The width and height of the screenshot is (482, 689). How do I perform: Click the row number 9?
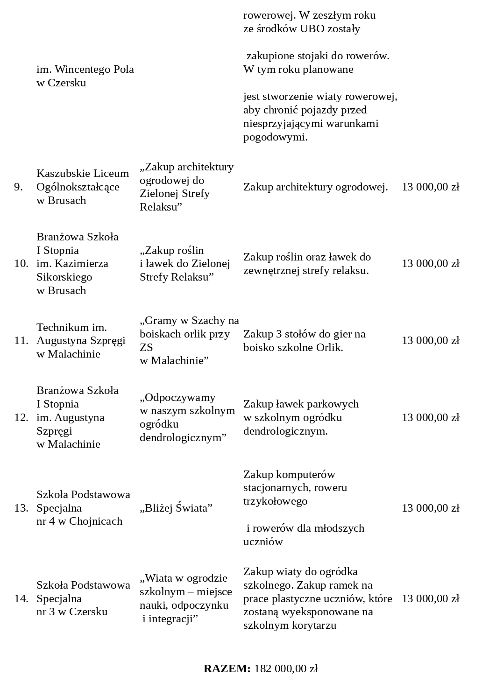(18, 187)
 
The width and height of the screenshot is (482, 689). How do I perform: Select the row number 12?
(21, 417)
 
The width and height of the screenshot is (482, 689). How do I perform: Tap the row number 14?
(21, 598)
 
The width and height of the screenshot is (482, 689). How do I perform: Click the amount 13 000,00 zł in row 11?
(430, 341)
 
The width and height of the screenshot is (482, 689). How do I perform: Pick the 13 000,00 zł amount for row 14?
(430, 598)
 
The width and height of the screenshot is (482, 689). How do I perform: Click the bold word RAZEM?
(227, 668)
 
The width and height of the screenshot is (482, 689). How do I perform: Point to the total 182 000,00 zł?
(286, 668)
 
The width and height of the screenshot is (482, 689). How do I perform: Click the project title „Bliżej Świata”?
(176, 508)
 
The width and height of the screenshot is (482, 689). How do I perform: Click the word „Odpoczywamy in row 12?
(177, 398)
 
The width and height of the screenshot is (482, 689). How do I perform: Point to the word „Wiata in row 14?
(155, 578)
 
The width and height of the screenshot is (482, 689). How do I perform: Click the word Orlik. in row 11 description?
(330, 348)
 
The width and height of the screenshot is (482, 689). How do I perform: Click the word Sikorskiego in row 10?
(64, 277)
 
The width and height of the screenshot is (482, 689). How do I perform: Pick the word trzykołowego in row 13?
(275, 501)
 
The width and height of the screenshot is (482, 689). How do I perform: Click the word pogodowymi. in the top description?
(275, 137)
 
